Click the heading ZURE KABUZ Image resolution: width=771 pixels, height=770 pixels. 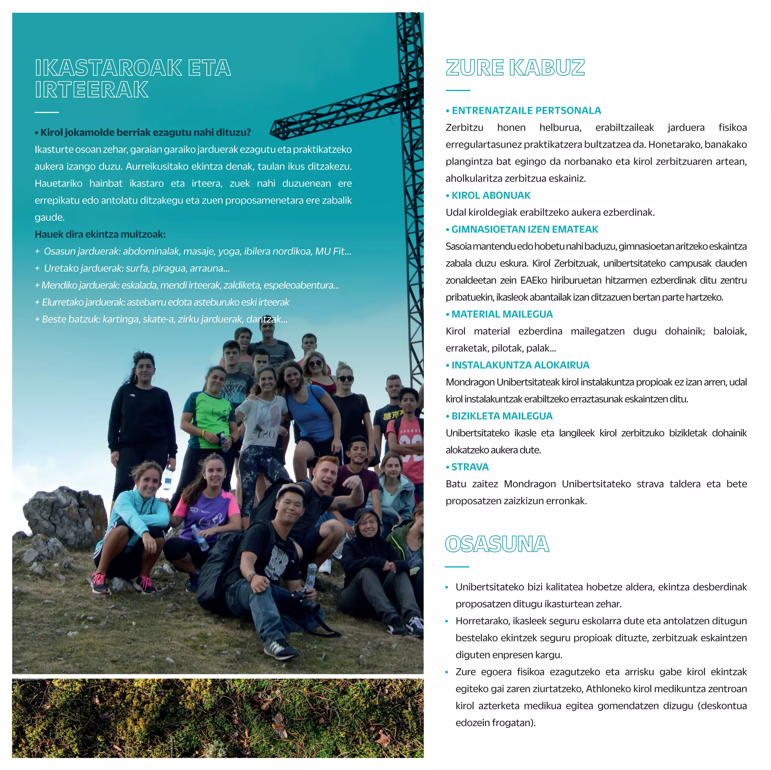point(515,67)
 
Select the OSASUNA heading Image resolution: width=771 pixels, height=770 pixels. point(497,544)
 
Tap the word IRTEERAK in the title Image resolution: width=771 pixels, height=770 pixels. point(91,89)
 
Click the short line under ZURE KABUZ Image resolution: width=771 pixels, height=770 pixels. point(458,91)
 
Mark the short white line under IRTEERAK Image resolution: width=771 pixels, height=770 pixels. point(47,113)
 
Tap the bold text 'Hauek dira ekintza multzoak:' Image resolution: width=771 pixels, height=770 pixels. point(100,234)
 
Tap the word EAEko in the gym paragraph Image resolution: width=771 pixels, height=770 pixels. point(533,280)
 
